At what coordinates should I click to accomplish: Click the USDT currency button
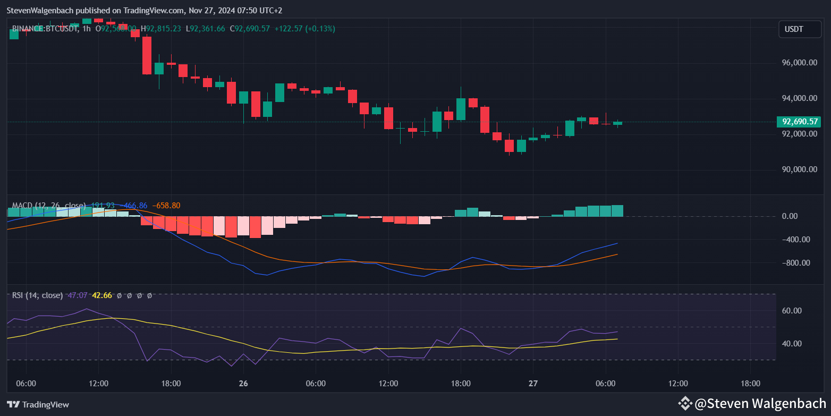[794, 29]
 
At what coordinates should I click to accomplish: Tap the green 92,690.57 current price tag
[799, 122]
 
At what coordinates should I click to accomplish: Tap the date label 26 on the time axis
[243, 384]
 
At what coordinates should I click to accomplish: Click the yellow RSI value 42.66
[102, 295]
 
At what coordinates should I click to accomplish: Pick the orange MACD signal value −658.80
[166, 206]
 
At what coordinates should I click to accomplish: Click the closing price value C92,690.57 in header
[250, 29]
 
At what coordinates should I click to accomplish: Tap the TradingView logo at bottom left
[38, 404]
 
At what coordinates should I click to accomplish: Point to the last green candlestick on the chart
[617, 123]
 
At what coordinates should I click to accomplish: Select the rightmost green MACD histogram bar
[617, 211]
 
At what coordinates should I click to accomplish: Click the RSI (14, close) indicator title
[38, 295]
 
